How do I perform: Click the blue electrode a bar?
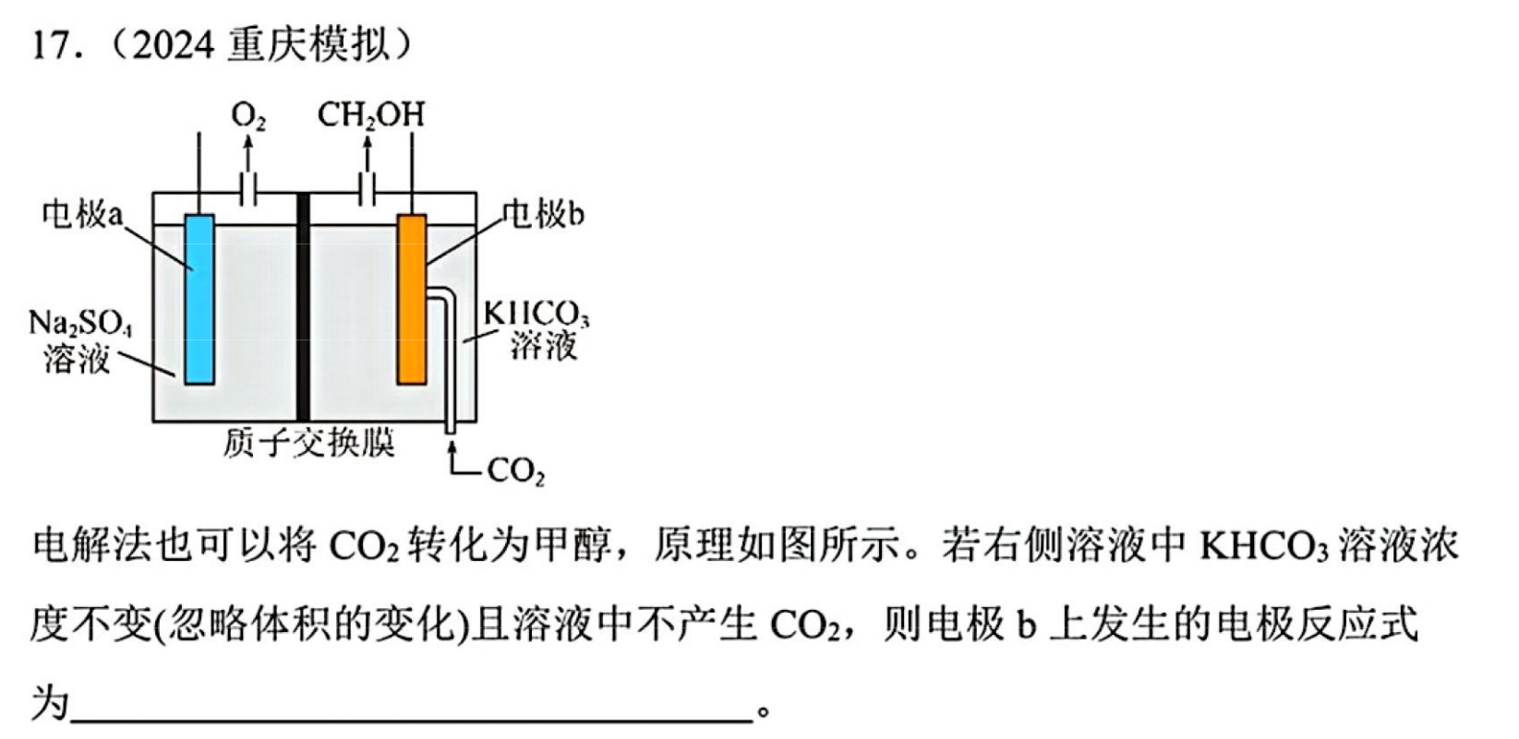(x=199, y=300)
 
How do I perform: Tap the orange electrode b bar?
(x=412, y=300)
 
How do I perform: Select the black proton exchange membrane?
(x=303, y=307)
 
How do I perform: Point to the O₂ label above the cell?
(x=248, y=116)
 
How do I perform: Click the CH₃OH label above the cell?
(x=371, y=115)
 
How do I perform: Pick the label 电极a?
(x=83, y=214)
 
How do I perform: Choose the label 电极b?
(x=543, y=215)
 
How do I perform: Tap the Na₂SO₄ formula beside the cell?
(x=80, y=325)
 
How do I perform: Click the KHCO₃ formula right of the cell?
(x=536, y=315)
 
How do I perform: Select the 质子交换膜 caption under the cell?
(x=309, y=444)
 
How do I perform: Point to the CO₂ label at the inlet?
(x=515, y=471)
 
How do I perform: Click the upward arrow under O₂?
(x=248, y=152)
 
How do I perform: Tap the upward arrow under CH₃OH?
(x=368, y=152)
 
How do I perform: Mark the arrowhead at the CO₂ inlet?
(x=452, y=446)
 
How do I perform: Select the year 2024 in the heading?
(x=173, y=46)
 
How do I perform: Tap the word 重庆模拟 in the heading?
(x=308, y=45)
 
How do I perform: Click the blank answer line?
(x=412, y=721)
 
